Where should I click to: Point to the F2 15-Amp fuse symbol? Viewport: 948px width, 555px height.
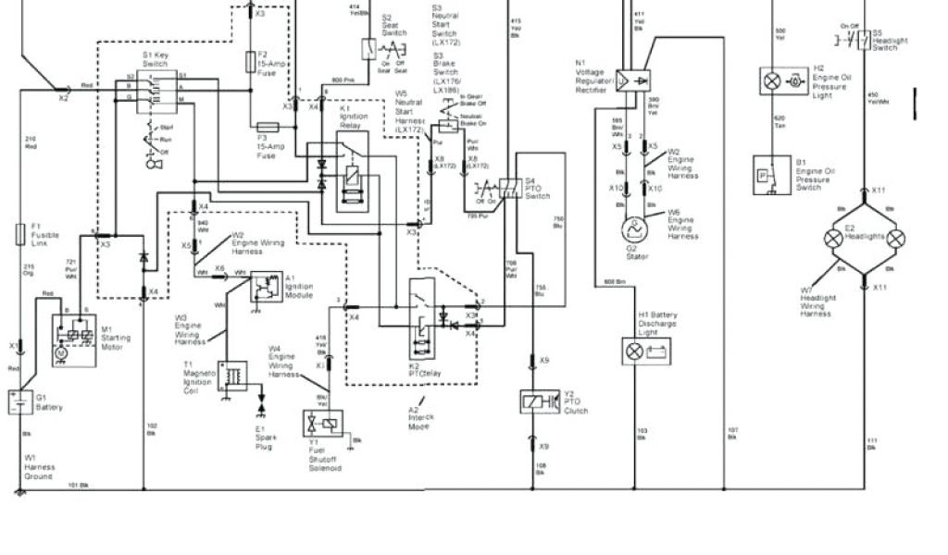coord(250,62)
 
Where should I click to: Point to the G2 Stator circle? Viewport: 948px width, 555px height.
coord(634,228)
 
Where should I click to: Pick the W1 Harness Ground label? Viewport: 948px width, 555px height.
coord(39,466)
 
